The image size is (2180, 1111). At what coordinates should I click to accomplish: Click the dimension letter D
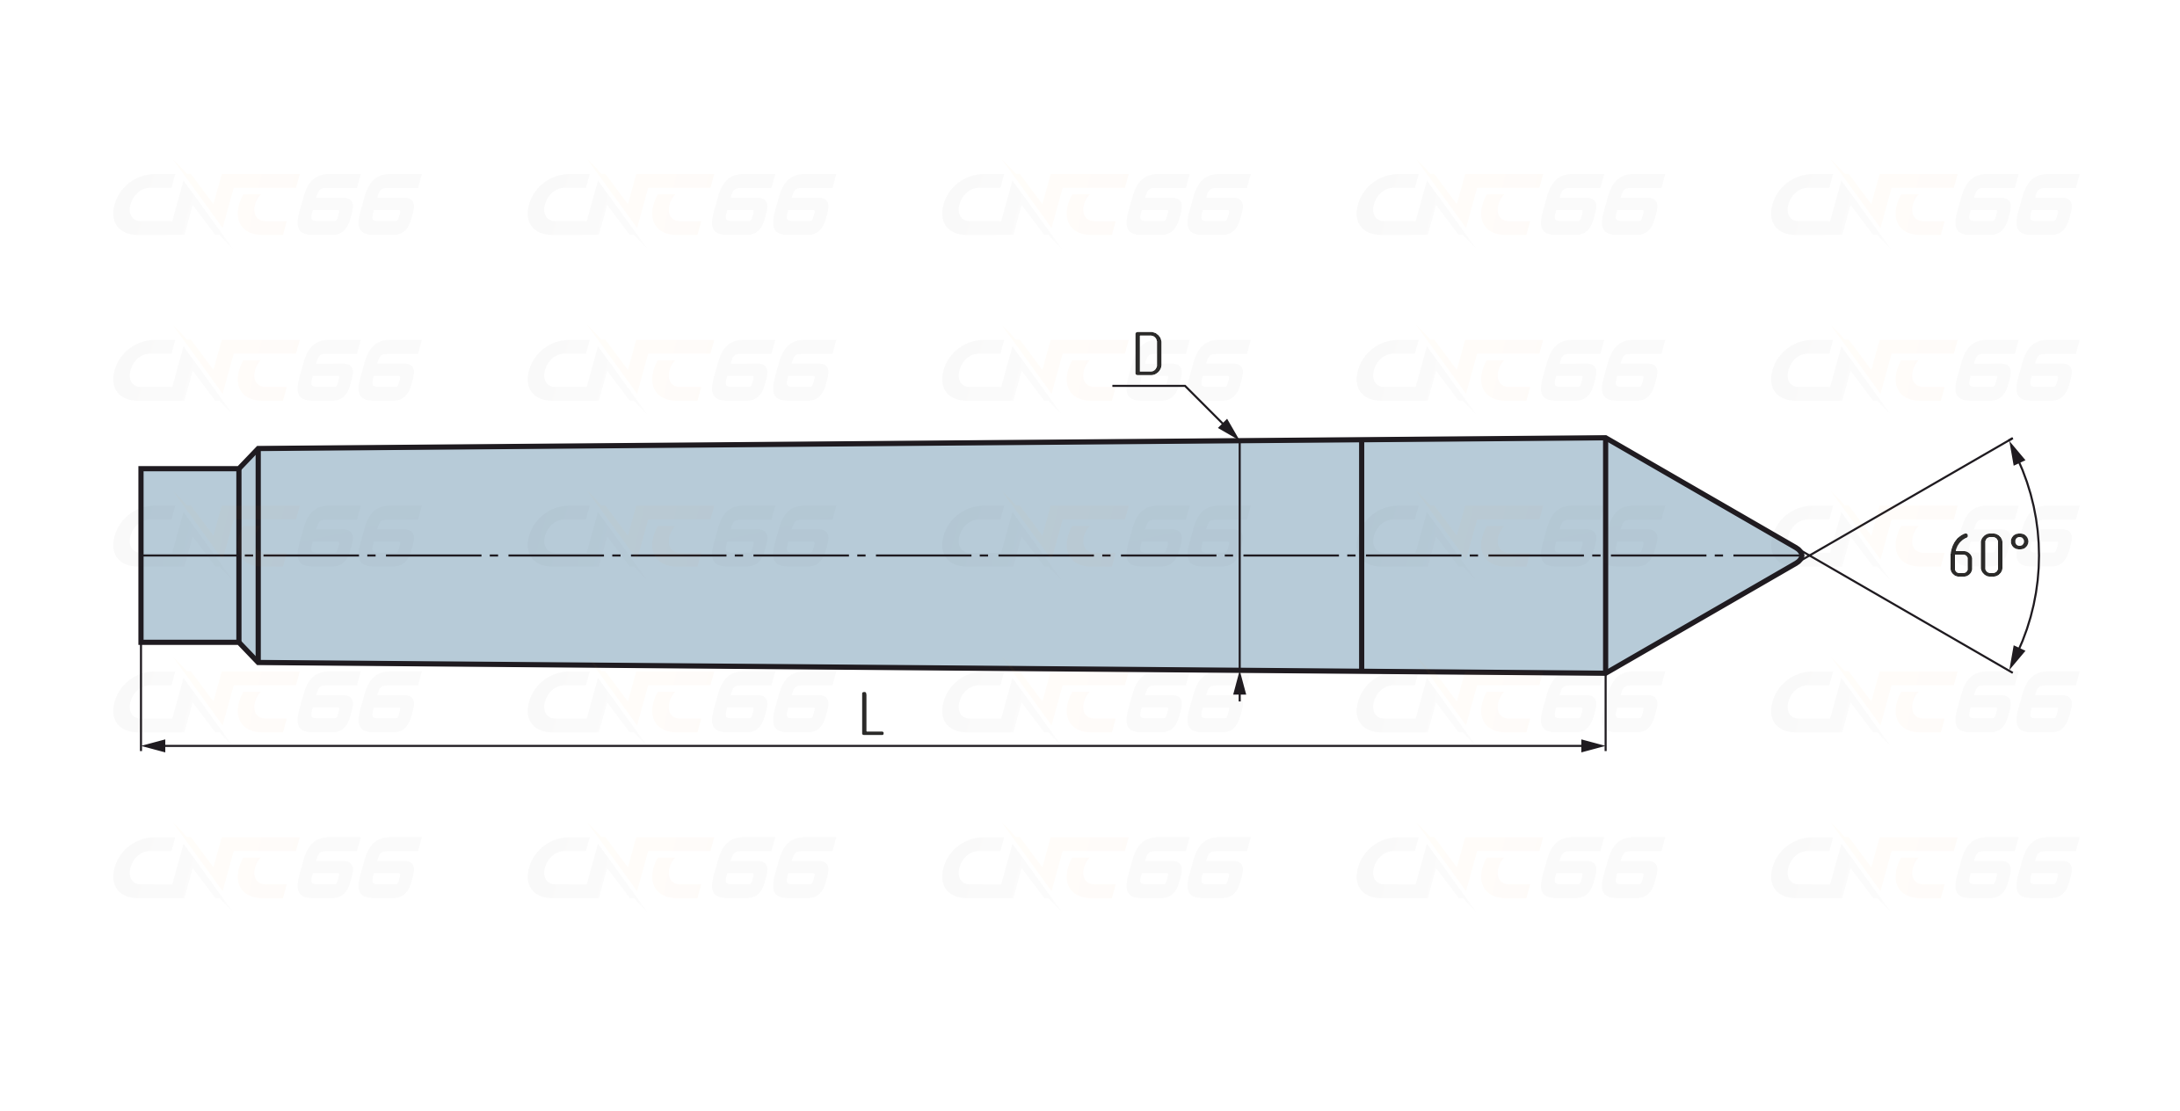point(1148,353)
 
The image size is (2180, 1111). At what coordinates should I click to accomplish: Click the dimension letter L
point(871,714)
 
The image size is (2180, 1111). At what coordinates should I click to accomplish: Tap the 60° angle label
point(1988,555)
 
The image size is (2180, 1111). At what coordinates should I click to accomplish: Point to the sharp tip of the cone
point(1804,555)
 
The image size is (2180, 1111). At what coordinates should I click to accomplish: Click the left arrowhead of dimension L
point(153,746)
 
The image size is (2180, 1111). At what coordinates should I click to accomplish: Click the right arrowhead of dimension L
point(1593,746)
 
